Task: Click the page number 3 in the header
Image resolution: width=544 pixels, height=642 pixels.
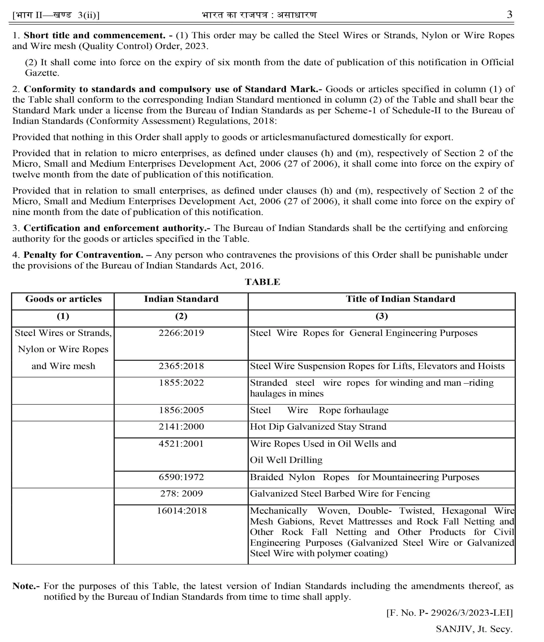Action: click(x=509, y=15)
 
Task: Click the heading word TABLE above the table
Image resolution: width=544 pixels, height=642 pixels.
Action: click(x=262, y=282)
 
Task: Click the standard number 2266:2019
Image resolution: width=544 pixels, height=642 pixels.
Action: click(x=181, y=333)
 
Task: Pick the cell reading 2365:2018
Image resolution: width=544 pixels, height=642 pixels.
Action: click(x=181, y=366)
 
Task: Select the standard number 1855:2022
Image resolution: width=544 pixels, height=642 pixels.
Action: click(x=181, y=383)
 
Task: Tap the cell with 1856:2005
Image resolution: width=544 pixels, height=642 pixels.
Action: click(x=181, y=410)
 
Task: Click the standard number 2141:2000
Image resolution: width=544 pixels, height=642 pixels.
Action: click(x=181, y=427)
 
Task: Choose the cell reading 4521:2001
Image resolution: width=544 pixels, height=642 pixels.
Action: click(x=181, y=444)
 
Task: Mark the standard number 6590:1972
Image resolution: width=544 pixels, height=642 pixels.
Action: click(x=181, y=477)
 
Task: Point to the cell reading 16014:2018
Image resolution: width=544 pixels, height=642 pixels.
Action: click(x=182, y=511)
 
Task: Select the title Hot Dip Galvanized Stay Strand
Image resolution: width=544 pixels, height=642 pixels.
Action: click(x=318, y=427)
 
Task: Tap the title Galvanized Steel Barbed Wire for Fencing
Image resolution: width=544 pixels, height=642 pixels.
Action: click(x=340, y=494)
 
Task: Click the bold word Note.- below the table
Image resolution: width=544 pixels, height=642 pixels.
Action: click(x=26, y=586)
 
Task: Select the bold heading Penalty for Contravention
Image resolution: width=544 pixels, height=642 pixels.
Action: click(x=83, y=255)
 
